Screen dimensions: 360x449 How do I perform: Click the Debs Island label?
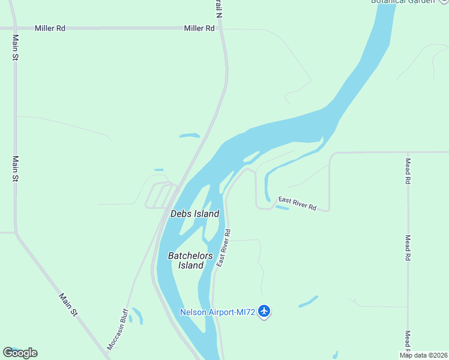click(x=194, y=214)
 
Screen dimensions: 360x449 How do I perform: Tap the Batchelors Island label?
click(x=190, y=260)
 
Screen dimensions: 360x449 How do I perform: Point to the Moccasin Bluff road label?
click(x=118, y=329)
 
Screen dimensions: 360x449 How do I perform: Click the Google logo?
click(x=20, y=353)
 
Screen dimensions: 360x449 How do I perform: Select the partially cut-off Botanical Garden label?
click(x=402, y=2)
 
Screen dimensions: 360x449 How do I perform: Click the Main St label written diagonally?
click(x=68, y=304)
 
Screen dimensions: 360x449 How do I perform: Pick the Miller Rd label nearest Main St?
click(x=50, y=28)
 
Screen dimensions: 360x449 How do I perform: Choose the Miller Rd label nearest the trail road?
click(x=199, y=28)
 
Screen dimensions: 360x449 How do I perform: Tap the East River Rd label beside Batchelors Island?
click(x=223, y=248)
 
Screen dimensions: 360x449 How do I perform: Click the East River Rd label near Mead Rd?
click(x=297, y=203)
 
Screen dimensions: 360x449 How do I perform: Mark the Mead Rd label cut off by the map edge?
click(x=408, y=341)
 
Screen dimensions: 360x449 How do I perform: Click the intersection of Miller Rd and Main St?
click(x=14, y=28)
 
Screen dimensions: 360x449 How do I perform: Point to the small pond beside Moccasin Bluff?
click(x=138, y=316)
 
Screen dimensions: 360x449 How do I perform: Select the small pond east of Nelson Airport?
click(x=308, y=302)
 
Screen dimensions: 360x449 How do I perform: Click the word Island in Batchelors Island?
click(x=191, y=266)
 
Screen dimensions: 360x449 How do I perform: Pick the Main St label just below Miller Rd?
click(x=16, y=47)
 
